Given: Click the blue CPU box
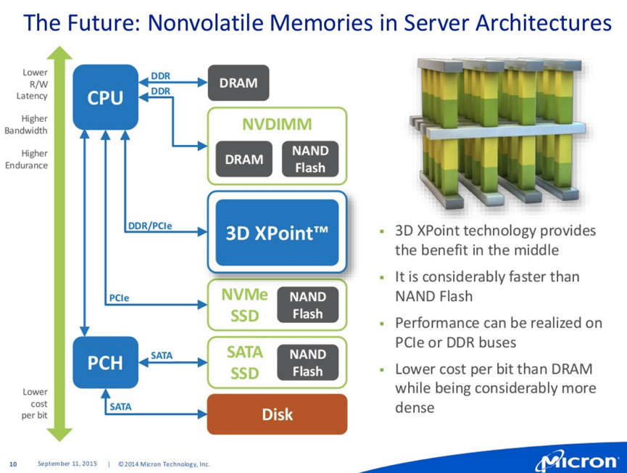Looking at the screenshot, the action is click(106, 97).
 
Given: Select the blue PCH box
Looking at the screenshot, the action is click(106, 363).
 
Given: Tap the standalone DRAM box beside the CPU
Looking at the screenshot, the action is click(238, 83).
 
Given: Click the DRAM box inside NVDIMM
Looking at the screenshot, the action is click(244, 159).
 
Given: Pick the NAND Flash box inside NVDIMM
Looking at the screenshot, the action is click(310, 159).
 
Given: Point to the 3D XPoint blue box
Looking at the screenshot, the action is click(277, 232).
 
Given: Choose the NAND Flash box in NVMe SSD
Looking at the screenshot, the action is click(308, 305).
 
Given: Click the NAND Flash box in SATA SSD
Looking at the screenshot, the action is click(308, 363).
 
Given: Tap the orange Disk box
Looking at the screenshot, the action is click(277, 414).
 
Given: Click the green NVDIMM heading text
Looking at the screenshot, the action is click(277, 124).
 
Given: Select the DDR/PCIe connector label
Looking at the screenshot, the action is click(150, 226).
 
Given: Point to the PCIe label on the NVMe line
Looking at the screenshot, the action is click(119, 298).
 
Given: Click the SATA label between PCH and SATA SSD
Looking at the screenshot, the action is click(162, 355).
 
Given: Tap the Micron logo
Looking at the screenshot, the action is click(577, 462).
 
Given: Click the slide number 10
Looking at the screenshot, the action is click(13, 464).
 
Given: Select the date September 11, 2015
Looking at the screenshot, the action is click(67, 464).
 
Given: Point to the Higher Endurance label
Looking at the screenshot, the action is click(26, 160).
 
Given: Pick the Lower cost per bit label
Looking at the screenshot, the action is click(34, 403).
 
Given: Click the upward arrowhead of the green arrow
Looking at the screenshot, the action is click(59, 52).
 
